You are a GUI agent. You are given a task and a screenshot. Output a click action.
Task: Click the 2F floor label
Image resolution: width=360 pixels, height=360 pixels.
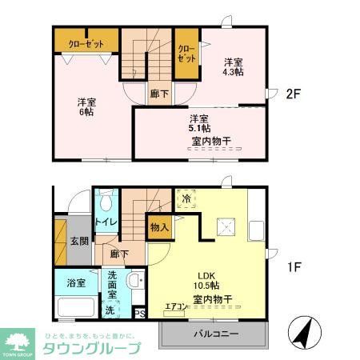coord(293,94)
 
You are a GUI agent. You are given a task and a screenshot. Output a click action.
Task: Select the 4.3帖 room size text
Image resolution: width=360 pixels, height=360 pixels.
coord(234,72)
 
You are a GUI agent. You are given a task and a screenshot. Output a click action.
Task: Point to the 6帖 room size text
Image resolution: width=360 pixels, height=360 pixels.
coord(86,112)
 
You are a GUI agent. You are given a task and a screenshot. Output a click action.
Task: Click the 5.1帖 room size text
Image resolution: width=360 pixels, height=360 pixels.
coord(200,128)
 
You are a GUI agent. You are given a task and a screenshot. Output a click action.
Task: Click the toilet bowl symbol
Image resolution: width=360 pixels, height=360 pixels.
coord(107,202)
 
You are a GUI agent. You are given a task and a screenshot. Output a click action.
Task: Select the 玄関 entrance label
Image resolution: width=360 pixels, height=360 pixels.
coord(78,241)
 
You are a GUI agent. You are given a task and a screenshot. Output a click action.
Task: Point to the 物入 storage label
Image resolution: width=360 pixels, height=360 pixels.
coord(159,227)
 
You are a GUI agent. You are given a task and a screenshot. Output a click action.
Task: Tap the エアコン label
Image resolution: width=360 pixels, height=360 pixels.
coord(175,307)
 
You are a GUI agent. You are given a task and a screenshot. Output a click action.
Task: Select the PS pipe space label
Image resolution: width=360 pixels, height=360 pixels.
coord(139,314)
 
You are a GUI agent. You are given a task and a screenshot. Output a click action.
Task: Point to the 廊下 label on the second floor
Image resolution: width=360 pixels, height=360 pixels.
coord(158,93)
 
